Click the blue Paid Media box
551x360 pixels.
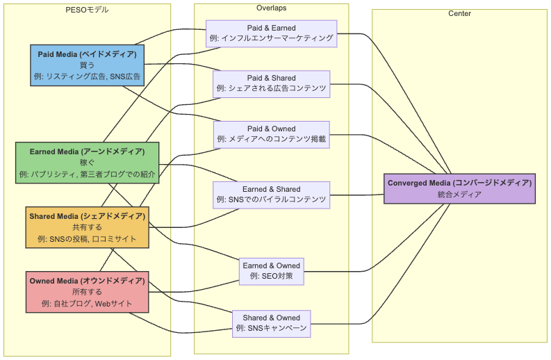click(87, 65)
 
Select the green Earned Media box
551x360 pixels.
click(87, 163)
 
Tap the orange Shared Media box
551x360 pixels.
click(87, 227)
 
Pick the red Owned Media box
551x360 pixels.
click(87, 292)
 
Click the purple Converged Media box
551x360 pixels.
click(459, 189)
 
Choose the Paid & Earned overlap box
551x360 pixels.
click(271, 33)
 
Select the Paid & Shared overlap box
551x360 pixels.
click(271, 83)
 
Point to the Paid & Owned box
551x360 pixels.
click(271, 134)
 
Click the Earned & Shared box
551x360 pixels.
click(271, 195)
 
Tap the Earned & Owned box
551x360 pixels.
click(271, 271)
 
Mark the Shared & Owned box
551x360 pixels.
click(271, 322)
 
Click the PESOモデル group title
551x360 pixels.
click(87, 10)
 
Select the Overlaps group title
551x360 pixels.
click(271, 8)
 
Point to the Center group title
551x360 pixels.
click(459, 14)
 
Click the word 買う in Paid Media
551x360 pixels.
click(87, 65)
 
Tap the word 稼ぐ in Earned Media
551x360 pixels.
click(87, 163)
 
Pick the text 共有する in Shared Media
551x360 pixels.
click(87, 227)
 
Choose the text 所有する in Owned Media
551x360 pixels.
click(87, 292)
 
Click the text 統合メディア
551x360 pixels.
click(459, 195)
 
